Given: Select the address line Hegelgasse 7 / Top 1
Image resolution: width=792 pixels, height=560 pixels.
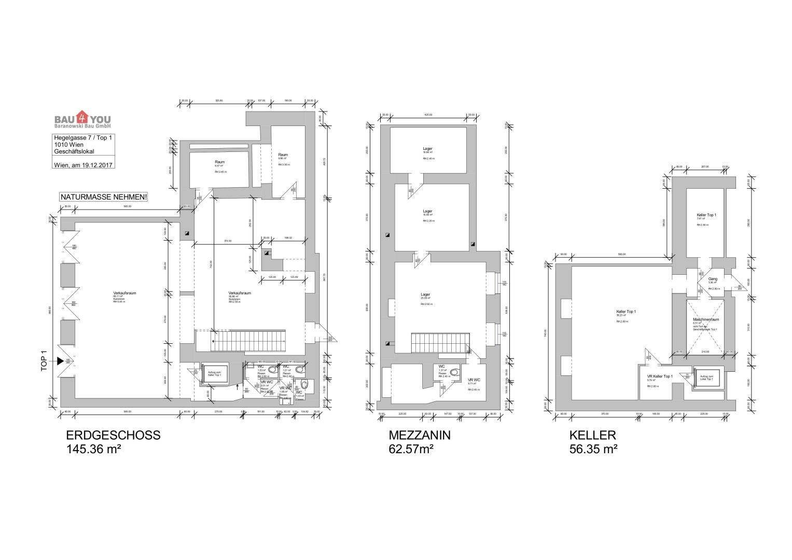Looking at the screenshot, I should pos(83,137).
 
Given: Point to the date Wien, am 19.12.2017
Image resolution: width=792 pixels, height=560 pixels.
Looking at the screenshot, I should pos(83,165).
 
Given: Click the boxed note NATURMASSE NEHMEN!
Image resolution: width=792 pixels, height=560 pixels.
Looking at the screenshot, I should pos(104,197).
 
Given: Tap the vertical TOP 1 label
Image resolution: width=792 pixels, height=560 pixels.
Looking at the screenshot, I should pos(44,361).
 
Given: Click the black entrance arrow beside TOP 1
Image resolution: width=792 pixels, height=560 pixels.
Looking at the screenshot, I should pos(61,361).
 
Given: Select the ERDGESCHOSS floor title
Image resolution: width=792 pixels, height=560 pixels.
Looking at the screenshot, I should pos(113,435).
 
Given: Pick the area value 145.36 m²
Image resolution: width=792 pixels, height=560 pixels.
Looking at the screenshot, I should pos(93,449).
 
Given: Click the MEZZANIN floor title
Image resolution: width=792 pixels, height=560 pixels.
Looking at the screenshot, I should pos(420,435).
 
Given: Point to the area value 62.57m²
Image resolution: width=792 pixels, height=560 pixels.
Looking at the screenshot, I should pos(411,449).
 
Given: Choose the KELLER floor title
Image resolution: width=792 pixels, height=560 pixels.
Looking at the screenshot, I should pos(592,435).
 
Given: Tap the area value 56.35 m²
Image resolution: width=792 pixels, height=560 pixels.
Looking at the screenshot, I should pos(593,449).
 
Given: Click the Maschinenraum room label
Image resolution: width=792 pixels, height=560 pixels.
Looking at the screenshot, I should pos(705,319).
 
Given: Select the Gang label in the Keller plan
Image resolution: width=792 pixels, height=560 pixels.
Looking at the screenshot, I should pos(713,279).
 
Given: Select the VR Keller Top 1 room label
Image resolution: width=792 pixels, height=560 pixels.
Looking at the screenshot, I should pos(660,376).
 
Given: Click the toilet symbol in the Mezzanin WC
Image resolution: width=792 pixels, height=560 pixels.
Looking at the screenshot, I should pos(454,372).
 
